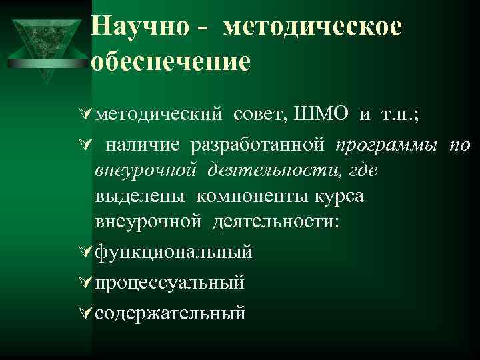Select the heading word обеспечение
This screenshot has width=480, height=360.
(171, 61)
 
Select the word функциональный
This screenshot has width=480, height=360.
(173, 252)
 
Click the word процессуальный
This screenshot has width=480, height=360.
(169, 282)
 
